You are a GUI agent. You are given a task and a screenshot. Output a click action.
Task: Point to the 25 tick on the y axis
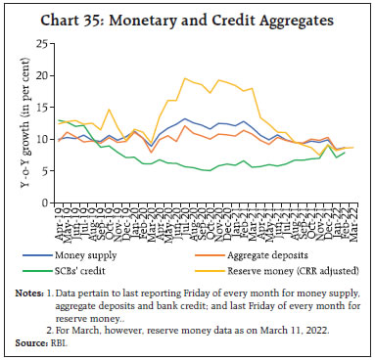(48, 44)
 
